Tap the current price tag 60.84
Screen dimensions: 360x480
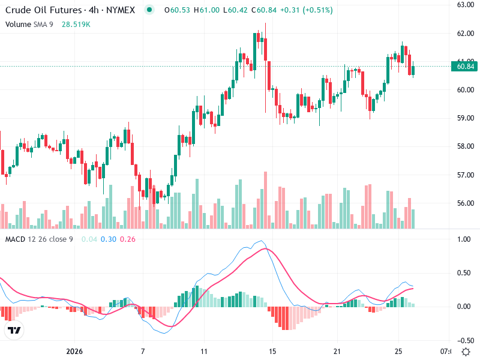click(x=466, y=66)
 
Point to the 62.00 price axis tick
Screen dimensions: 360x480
click(x=466, y=34)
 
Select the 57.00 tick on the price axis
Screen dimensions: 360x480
click(x=466, y=175)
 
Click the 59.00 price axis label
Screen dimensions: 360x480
click(x=466, y=118)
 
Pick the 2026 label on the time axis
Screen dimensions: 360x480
click(x=74, y=351)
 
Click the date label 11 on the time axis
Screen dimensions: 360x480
click(x=204, y=351)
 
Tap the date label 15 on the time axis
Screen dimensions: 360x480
click(x=272, y=351)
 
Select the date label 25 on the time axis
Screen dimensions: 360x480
click(x=397, y=351)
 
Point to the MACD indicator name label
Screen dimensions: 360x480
click(x=16, y=239)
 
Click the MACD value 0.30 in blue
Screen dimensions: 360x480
click(x=108, y=239)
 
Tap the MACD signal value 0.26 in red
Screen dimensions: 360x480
click(x=128, y=239)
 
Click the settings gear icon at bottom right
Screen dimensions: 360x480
click(x=466, y=351)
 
